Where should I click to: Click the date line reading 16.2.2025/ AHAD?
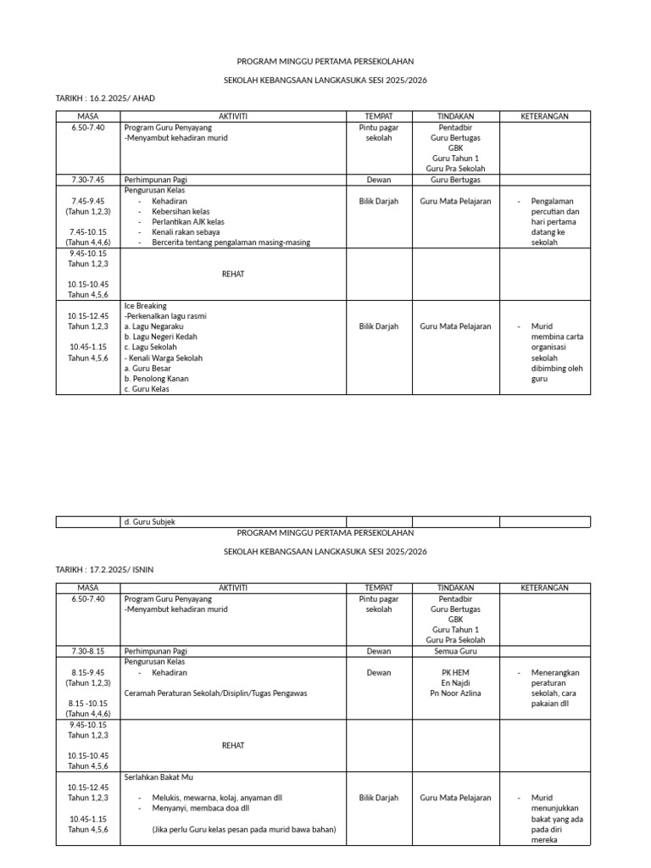click(105, 98)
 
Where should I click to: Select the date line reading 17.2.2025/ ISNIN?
click(105, 570)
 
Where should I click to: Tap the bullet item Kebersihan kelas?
click(181, 211)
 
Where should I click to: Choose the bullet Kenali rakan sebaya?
click(186, 231)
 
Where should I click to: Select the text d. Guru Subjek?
click(149, 522)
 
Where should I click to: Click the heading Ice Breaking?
click(145, 305)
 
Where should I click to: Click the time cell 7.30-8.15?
click(88, 651)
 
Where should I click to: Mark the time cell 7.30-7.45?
click(88, 180)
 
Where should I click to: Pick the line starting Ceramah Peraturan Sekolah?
click(215, 693)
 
